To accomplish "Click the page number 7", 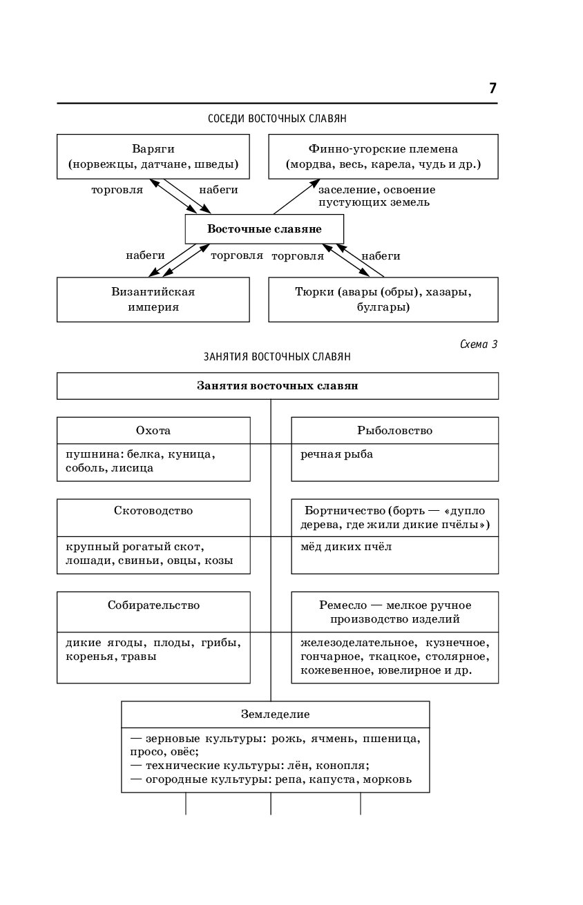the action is [x=493, y=88].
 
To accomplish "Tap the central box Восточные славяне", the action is [x=265, y=229].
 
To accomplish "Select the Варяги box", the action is [x=153, y=156].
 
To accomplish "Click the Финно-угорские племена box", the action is [x=383, y=156].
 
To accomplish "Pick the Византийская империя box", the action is [x=153, y=300].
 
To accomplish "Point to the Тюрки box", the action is [x=383, y=300].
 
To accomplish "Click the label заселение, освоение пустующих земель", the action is [x=376, y=196].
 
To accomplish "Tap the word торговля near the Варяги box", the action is [x=117, y=191].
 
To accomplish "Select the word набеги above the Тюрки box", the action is [x=381, y=255].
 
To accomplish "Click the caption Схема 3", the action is [x=479, y=344].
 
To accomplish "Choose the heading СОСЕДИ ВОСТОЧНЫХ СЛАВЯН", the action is [x=277, y=118].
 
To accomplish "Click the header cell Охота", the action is [x=153, y=430].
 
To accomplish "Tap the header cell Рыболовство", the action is [x=395, y=430].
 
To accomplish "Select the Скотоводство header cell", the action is [x=153, y=518].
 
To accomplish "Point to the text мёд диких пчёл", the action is [x=346, y=547].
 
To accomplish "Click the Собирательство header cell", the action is [x=153, y=612].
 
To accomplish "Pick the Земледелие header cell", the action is [x=276, y=714].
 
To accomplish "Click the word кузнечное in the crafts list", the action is [x=457, y=643].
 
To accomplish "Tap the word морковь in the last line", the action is [x=388, y=779].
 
